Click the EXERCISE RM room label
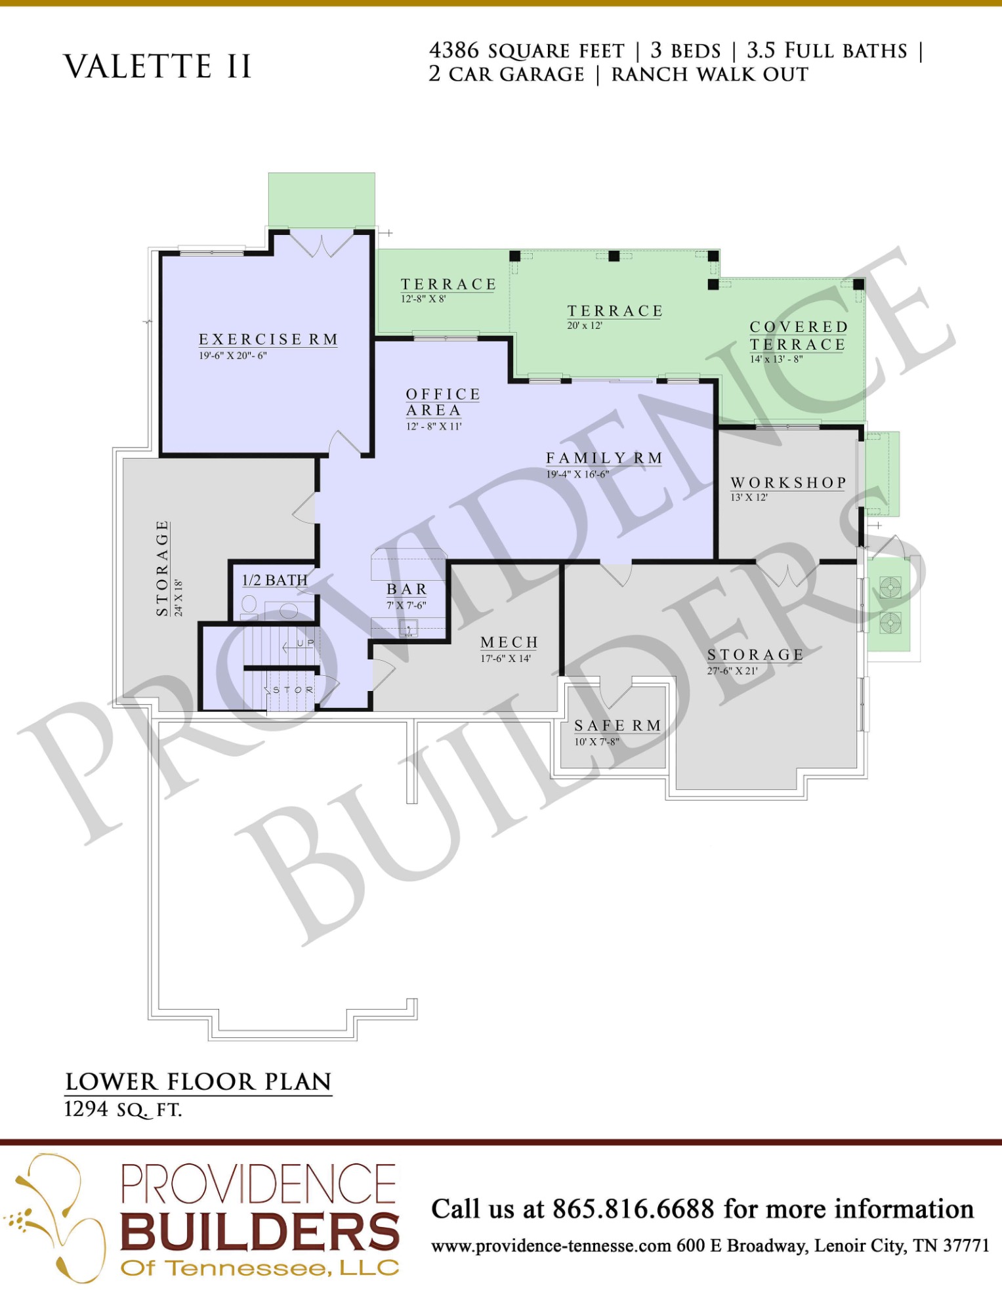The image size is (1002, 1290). coord(268,339)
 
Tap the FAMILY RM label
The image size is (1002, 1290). coord(604,458)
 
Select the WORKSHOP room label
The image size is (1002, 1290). coord(788,483)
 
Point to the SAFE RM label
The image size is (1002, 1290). coord(617,726)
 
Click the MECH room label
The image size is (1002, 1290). coord(509,642)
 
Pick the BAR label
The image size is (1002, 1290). coord(407,589)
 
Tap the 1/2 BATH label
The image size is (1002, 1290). coord(275,580)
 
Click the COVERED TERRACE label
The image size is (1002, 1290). coord(799,335)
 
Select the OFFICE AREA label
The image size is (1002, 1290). coord(443,402)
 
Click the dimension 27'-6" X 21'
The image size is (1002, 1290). coord(732,671)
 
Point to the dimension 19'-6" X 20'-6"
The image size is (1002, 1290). coord(233,356)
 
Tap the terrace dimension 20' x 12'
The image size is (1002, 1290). coord(585,325)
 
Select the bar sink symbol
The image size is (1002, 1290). coord(409,629)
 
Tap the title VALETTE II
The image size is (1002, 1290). coord(157,66)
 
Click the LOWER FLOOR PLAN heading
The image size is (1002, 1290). coord(198,1082)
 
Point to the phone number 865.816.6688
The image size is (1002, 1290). coord(633,1209)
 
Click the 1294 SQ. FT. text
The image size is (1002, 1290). coord(123,1110)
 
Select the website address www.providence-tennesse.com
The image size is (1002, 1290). coord(551,1245)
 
